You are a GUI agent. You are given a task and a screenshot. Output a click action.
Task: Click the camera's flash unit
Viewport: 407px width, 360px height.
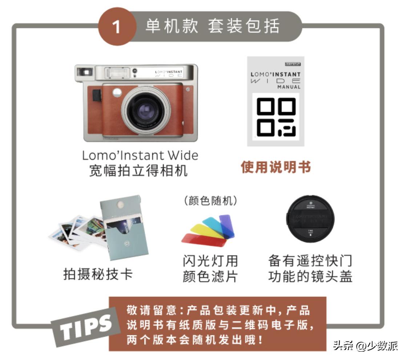pyautogui.click(x=117, y=73)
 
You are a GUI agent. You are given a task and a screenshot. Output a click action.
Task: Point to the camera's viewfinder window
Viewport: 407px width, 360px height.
pyautogui.click(x=84, y=72)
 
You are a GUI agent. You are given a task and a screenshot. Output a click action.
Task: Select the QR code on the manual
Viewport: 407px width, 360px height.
pyautogui.click(x=276, y=117)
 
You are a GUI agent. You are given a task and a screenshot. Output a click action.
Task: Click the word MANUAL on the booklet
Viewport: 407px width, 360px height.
pyautogui.click(x=289, y=87)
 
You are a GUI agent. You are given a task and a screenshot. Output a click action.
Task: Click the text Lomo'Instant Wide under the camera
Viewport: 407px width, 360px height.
pyautogui.click(x=140, y=155)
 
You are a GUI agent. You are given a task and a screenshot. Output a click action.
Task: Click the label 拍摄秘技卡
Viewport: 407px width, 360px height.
pyautogui.click(x=98, y=274)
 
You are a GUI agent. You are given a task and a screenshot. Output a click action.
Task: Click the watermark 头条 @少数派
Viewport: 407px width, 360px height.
pyautogui.click(x=365, y=345)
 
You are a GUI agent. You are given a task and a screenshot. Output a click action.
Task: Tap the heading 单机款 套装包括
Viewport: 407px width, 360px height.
pyautogui.click(x=213, y=26)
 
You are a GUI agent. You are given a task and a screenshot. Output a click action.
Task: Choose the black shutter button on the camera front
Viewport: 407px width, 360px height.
pyautogui.click(x=96, y=95)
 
